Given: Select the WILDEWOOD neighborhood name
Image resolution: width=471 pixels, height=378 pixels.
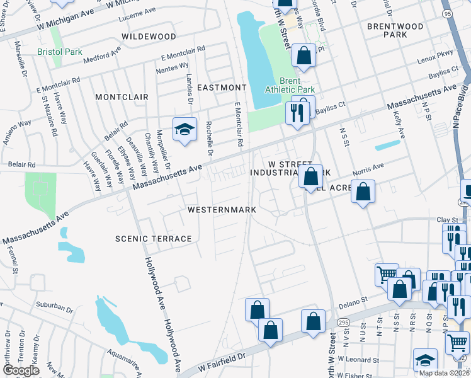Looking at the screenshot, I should (149, 37).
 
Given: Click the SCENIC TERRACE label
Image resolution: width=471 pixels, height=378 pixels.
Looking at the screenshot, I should (153, 239).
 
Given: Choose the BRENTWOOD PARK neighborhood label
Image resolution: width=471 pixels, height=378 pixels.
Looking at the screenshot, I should (395, 30).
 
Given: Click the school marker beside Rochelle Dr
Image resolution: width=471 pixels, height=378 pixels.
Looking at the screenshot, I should (184, 130).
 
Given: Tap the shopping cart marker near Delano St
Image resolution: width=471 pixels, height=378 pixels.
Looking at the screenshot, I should (386, 275).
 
